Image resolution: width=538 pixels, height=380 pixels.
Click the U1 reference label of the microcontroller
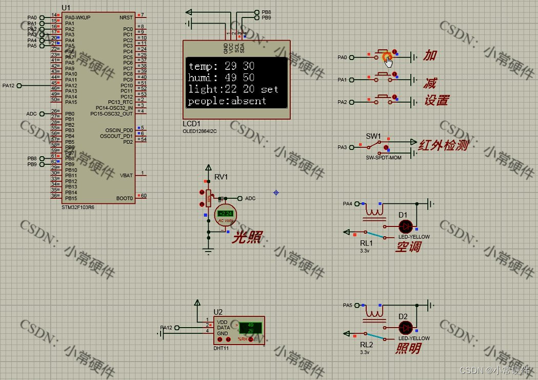tap(66, 8)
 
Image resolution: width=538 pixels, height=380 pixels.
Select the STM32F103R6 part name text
tap(77, 207)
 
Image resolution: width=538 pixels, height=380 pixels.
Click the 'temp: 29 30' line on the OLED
tap(221, 66)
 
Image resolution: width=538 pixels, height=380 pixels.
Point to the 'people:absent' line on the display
tap(227, 101)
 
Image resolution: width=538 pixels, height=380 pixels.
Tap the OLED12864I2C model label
tap(200, 131)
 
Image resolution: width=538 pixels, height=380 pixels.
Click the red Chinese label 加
tap(429, 55)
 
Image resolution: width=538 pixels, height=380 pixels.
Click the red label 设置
tap(436, 100)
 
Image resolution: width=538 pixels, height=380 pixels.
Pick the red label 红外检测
tap(444, 145)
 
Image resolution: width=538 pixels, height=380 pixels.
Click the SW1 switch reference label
tap(373, 136)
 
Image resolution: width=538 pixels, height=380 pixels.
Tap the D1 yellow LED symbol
tap(406, 226)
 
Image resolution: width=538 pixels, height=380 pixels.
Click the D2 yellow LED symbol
tap(406, 328)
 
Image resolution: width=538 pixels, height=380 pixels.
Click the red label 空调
tap(408, 247)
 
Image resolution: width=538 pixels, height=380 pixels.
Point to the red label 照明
tap(408, 349)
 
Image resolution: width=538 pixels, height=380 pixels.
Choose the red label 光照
tap(248, 238)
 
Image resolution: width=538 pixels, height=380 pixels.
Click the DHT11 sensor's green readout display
tap(251, 327)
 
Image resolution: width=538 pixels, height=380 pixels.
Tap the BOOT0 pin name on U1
tap(125, 198)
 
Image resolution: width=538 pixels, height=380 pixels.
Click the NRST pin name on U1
tap(126, 17)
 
